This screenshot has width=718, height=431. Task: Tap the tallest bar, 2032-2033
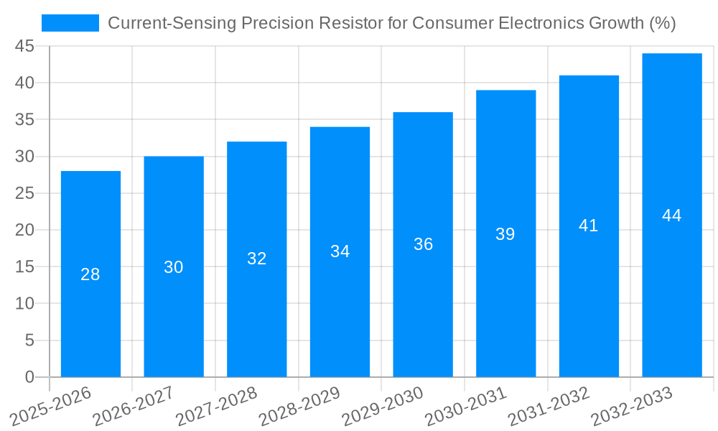pos(671,287)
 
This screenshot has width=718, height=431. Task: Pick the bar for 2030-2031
pos(505,302)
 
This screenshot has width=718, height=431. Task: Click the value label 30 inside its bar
pos(174,267)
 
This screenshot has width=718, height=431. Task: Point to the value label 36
pos(423,244)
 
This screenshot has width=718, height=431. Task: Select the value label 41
pos(589,226)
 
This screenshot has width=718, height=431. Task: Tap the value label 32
pos(257,259)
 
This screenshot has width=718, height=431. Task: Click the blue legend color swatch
pos(70,23)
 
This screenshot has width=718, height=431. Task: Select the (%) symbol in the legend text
pos(662,23)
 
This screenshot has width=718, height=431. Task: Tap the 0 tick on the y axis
pos(29,376)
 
